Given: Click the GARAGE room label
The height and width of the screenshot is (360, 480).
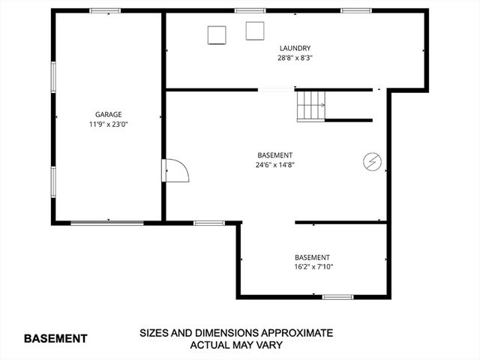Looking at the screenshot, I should pos(108,115).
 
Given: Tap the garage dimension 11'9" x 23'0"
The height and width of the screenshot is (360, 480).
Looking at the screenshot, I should pos(108,125).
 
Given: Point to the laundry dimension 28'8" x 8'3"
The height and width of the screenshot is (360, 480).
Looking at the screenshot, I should pos(294,57).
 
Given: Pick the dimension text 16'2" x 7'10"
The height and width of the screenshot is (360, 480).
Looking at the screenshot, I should pos(312,266).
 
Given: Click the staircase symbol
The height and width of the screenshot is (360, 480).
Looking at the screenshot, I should pos(310,105).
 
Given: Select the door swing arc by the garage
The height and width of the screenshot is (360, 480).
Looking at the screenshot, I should pos(177,170).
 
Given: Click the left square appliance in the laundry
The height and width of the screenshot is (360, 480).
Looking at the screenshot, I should pos(217,34).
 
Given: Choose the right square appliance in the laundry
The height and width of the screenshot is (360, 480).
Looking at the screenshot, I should pos(256,31).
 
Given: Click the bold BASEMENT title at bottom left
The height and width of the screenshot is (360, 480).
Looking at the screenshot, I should pos(55,338).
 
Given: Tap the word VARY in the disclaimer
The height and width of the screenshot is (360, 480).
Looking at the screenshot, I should pos(267,345).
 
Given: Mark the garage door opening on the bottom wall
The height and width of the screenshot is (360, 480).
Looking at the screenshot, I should pos(107,222).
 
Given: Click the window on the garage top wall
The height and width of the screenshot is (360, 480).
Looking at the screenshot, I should pos(106,10).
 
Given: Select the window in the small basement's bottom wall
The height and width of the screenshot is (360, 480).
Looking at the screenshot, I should pos(337,297).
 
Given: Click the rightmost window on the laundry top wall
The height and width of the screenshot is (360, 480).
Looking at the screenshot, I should pos(357,10).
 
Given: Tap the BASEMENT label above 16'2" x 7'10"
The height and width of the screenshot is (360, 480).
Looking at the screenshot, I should pos(312,256).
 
